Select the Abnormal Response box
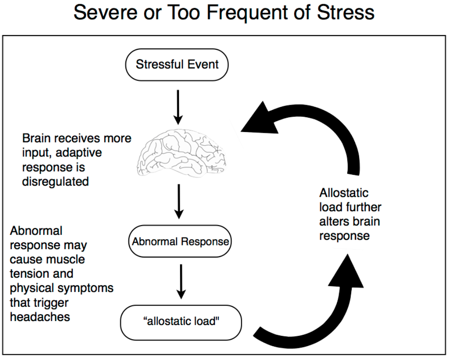tap(180, 241)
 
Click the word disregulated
tap(55, 181)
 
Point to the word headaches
tap(39, 316)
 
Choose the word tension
tap(27, 274)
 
